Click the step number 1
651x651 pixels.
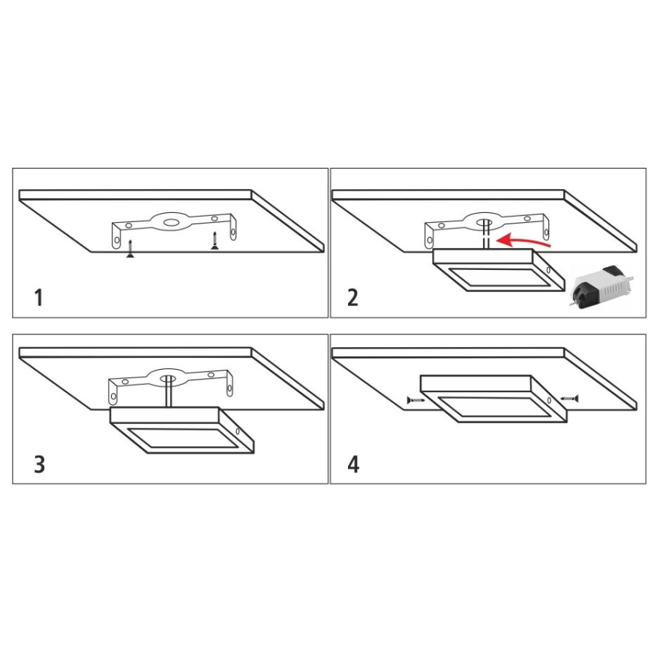[x=38, y=298]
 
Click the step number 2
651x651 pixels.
[x=352, y=298]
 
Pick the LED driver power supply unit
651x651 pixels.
[x=601, y=287]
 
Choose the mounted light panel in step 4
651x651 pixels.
[x=492, y=398]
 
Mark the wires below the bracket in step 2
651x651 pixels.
[x=486, y=238]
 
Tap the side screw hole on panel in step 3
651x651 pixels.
[x=238, y=432]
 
